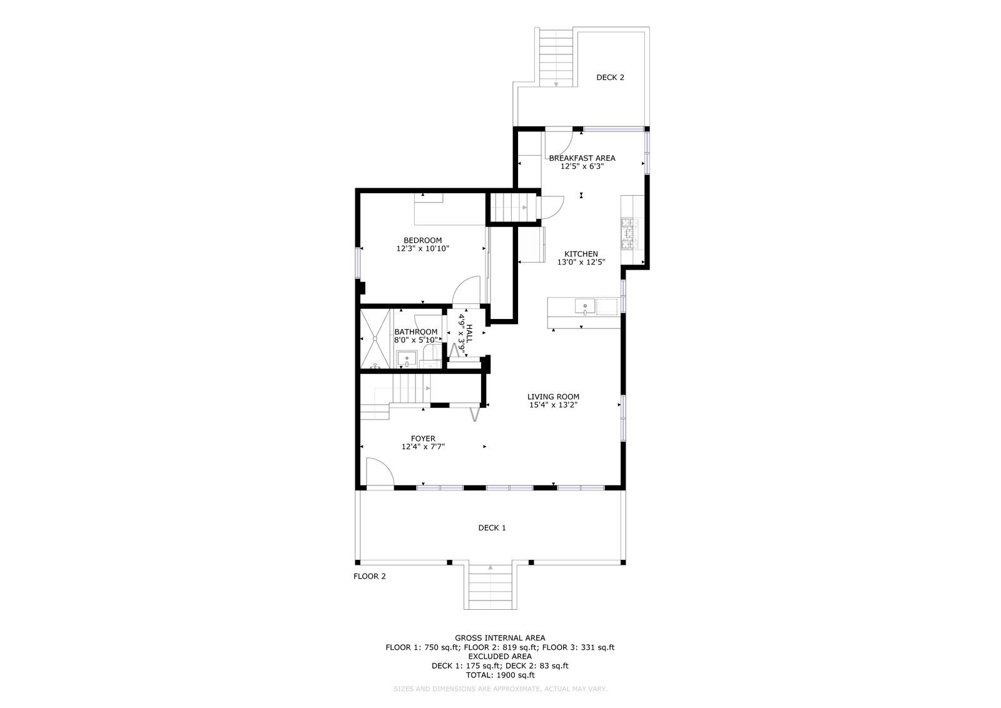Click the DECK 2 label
tap(610, 78)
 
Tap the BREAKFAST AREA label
tap(582, 158)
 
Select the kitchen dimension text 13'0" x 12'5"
tap(581, 262)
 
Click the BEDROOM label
tap(422, 240)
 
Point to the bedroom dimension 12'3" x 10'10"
tap(422, 248)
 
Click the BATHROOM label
tap(415, 332)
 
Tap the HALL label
tap(469, 333)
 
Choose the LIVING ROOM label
tap(553, 397)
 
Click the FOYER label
tap(423, 438)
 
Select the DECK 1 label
tap(492, 528)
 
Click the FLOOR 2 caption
tap(369, 576)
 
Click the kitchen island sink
tap(585, 306)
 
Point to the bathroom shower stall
tap(375, 338)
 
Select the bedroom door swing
tap(466, 290)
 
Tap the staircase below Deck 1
tap(490, 587)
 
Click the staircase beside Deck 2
tap(556, 57)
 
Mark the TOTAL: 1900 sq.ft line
tap(500, 675)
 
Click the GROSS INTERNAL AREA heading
tap(500, 638)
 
